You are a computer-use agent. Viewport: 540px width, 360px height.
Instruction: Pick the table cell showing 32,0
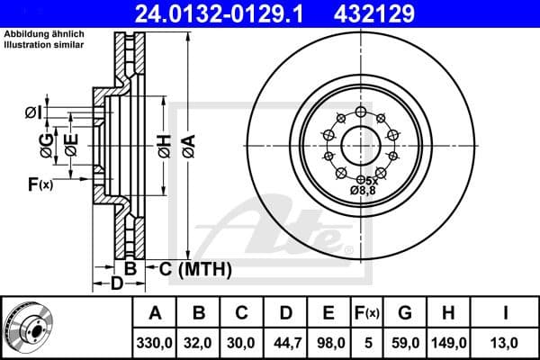click(199, 342)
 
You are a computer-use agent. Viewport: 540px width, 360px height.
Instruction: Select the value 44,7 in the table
click(285, 342)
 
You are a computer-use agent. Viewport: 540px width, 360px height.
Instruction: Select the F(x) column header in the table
click(366, 313)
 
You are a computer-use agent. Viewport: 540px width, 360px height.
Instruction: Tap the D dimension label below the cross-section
click(116, 284)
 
